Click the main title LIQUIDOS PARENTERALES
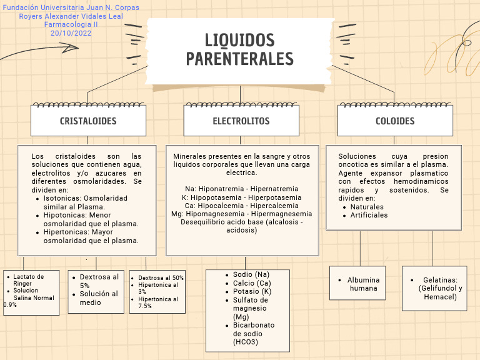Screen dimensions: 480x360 pyautogui.click(x=240, y=49)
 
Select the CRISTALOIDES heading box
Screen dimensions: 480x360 pyautogui.click(x=88, y=121)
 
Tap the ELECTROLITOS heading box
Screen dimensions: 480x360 pyautogui.click(x=241, y=121)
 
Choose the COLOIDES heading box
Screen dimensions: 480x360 pyautogui.click(x=395, y=121)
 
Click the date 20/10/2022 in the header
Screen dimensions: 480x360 pyautogui.click(x=71, y=32)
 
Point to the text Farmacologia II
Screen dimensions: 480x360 pyautogui.click(x=71, y=24)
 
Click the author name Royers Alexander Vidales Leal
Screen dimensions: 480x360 pyautogui.click(x=71, y=16)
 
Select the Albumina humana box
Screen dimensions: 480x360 pyautogui.click(x=363, y=284)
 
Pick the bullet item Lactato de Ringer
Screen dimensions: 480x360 pyautogui.click(x=28, y=279)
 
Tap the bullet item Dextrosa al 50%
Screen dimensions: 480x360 pyautogui.click(x=161, y=277)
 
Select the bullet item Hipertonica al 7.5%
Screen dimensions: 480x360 pyautogui.click(x=157, y=302)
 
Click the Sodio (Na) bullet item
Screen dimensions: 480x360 pyautogui.click(x=251, y=274)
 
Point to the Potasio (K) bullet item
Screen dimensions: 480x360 pyautogui.click(x=252, y=291)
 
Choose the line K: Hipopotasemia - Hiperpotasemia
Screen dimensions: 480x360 pyautogui.click(x=241, y=197)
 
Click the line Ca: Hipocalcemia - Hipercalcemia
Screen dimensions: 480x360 pyautogui.click(x=241, y=205)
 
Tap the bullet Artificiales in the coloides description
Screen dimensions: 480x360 pyautogui.click(x=369, y=215)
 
